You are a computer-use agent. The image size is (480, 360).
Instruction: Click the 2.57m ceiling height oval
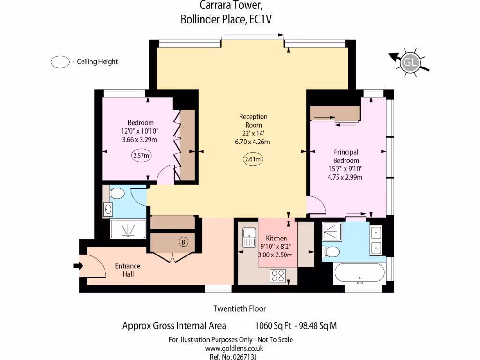[x=141, y=155]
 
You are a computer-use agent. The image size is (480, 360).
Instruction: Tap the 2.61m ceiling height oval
[x=253, y=159]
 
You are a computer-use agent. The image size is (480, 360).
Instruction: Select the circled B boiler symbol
[x=183, y=242]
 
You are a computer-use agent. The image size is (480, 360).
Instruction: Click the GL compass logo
[x=410, y=62]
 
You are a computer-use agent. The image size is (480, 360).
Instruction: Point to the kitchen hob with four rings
[x=278, y=276]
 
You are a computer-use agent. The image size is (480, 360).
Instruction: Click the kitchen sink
[x=249, y=237]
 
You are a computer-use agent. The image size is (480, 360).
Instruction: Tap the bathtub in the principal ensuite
[x=360, y=273]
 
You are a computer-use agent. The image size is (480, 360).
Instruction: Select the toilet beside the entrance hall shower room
[x=117, y=194]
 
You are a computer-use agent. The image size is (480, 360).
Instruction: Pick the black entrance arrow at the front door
[x=78, y=266]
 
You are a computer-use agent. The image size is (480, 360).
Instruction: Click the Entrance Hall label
[x=127, y=270]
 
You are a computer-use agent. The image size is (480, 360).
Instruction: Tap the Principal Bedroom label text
[x=346, y=156]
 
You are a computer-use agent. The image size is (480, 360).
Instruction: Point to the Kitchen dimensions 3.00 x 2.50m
[x=276, y=255]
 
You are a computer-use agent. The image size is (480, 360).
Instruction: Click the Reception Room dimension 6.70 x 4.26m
[x=252, y=142]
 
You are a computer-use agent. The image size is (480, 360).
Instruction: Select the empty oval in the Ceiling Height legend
[x=60, y=62]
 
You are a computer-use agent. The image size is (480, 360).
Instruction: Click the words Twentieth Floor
[x=240, y=308]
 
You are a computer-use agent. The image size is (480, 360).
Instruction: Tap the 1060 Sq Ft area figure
[x=273, y=325]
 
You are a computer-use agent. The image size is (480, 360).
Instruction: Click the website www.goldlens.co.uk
[x=234, y=348]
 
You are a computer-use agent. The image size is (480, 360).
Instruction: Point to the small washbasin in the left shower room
[x=108, y=210]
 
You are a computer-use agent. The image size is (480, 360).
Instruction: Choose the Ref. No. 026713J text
[x=233, y=357]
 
